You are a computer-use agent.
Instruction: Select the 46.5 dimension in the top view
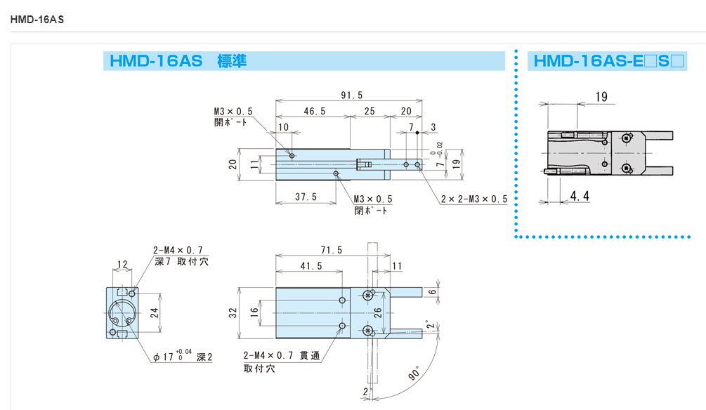tap(314, 112)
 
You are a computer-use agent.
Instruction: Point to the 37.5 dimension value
tap(306, 197)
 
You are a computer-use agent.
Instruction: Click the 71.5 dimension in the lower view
tap(331, 250)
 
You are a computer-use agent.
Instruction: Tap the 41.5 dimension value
tap(310, 267)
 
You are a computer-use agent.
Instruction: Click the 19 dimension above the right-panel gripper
tap(601, 97)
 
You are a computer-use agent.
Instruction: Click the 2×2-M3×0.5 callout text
tap(474, 199)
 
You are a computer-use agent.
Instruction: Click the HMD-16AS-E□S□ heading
tap(608, 61)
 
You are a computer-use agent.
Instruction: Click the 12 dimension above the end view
tap(122, 265)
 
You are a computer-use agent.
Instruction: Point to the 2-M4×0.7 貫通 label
tap(282, 357)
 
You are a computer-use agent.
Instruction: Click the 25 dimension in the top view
tap(370, 112)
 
